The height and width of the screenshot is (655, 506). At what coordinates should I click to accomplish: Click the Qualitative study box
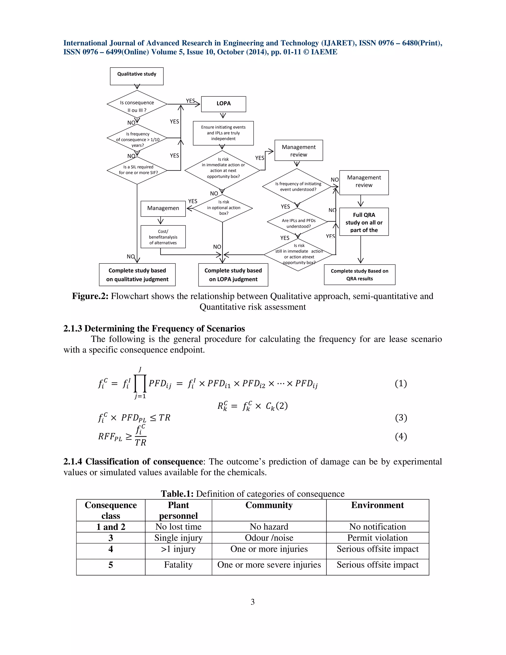coord(137,76)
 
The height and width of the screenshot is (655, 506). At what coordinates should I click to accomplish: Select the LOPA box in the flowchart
coord(224,104)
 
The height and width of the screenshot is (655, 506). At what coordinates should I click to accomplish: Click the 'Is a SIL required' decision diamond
coord(137,170)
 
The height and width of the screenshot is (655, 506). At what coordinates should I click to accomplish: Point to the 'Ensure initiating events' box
coord(223,133)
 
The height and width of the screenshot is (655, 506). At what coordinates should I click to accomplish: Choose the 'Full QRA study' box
coord(364,222)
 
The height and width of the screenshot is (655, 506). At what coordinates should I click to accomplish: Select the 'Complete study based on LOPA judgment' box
coord(233,275)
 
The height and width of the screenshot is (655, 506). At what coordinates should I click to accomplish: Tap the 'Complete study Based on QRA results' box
coord(359,275)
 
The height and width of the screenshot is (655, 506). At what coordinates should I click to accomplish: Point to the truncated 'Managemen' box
coord(163,208)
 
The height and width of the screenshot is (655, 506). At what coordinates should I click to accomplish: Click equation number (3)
coord(401,418)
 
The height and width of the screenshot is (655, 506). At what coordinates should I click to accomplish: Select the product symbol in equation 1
coord(140,384)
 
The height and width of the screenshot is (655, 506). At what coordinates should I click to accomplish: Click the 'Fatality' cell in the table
coord(178,565)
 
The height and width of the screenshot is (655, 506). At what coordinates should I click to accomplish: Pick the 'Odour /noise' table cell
coord(269,538)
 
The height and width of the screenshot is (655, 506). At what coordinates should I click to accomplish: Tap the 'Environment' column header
coord(378,505)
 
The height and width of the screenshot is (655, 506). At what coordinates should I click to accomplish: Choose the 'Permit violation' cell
coord(378,538)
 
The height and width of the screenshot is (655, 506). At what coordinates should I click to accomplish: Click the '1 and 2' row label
coord(111,527)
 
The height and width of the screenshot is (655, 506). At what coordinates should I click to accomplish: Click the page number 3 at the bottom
coord(253,602)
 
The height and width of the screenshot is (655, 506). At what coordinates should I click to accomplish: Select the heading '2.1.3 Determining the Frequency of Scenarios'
coord(154,329)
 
